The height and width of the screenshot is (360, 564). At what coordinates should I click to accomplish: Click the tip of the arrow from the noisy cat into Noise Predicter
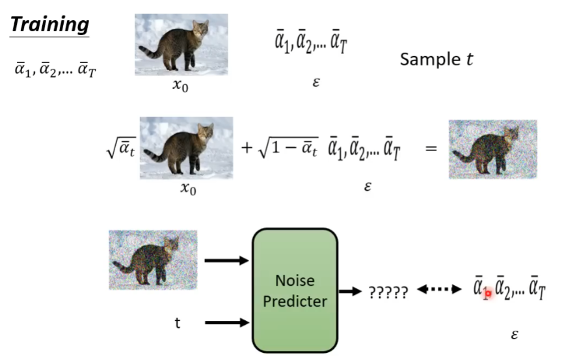pos(249,260)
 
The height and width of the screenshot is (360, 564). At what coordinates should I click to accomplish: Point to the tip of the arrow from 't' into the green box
pos(249,322)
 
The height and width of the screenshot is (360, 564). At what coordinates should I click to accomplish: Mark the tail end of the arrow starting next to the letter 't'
pos(205,322)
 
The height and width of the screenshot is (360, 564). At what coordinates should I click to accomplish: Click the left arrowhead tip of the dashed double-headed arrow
pos(417,289)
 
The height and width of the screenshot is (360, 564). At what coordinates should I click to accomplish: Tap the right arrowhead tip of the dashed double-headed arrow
pos(461,289)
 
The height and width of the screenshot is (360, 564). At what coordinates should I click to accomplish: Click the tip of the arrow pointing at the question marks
pos(362,291)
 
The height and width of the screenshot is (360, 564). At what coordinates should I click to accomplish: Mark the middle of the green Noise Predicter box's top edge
pos(295,228)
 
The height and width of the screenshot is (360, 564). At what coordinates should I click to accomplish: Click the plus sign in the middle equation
pos(247,148)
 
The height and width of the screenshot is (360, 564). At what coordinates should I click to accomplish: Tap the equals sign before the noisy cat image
pos(431,148)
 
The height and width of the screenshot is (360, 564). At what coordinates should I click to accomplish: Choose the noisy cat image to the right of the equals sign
pos(493,149)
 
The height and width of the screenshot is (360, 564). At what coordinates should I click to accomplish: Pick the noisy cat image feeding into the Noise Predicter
pos(153,260)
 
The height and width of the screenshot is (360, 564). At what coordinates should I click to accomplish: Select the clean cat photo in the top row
pos(181,45)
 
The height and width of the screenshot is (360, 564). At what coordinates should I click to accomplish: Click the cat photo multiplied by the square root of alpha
pos(186,148)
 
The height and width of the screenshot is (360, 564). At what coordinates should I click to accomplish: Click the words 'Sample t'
pos(436,59)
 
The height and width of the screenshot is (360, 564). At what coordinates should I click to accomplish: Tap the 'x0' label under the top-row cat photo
pos(180,86)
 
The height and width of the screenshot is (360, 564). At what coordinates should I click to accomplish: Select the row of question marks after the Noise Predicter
pos(388,292)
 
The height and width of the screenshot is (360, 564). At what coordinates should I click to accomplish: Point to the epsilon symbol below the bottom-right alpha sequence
pos(515,335)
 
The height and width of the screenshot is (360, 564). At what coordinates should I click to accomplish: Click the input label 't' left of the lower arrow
pos(178,323)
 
